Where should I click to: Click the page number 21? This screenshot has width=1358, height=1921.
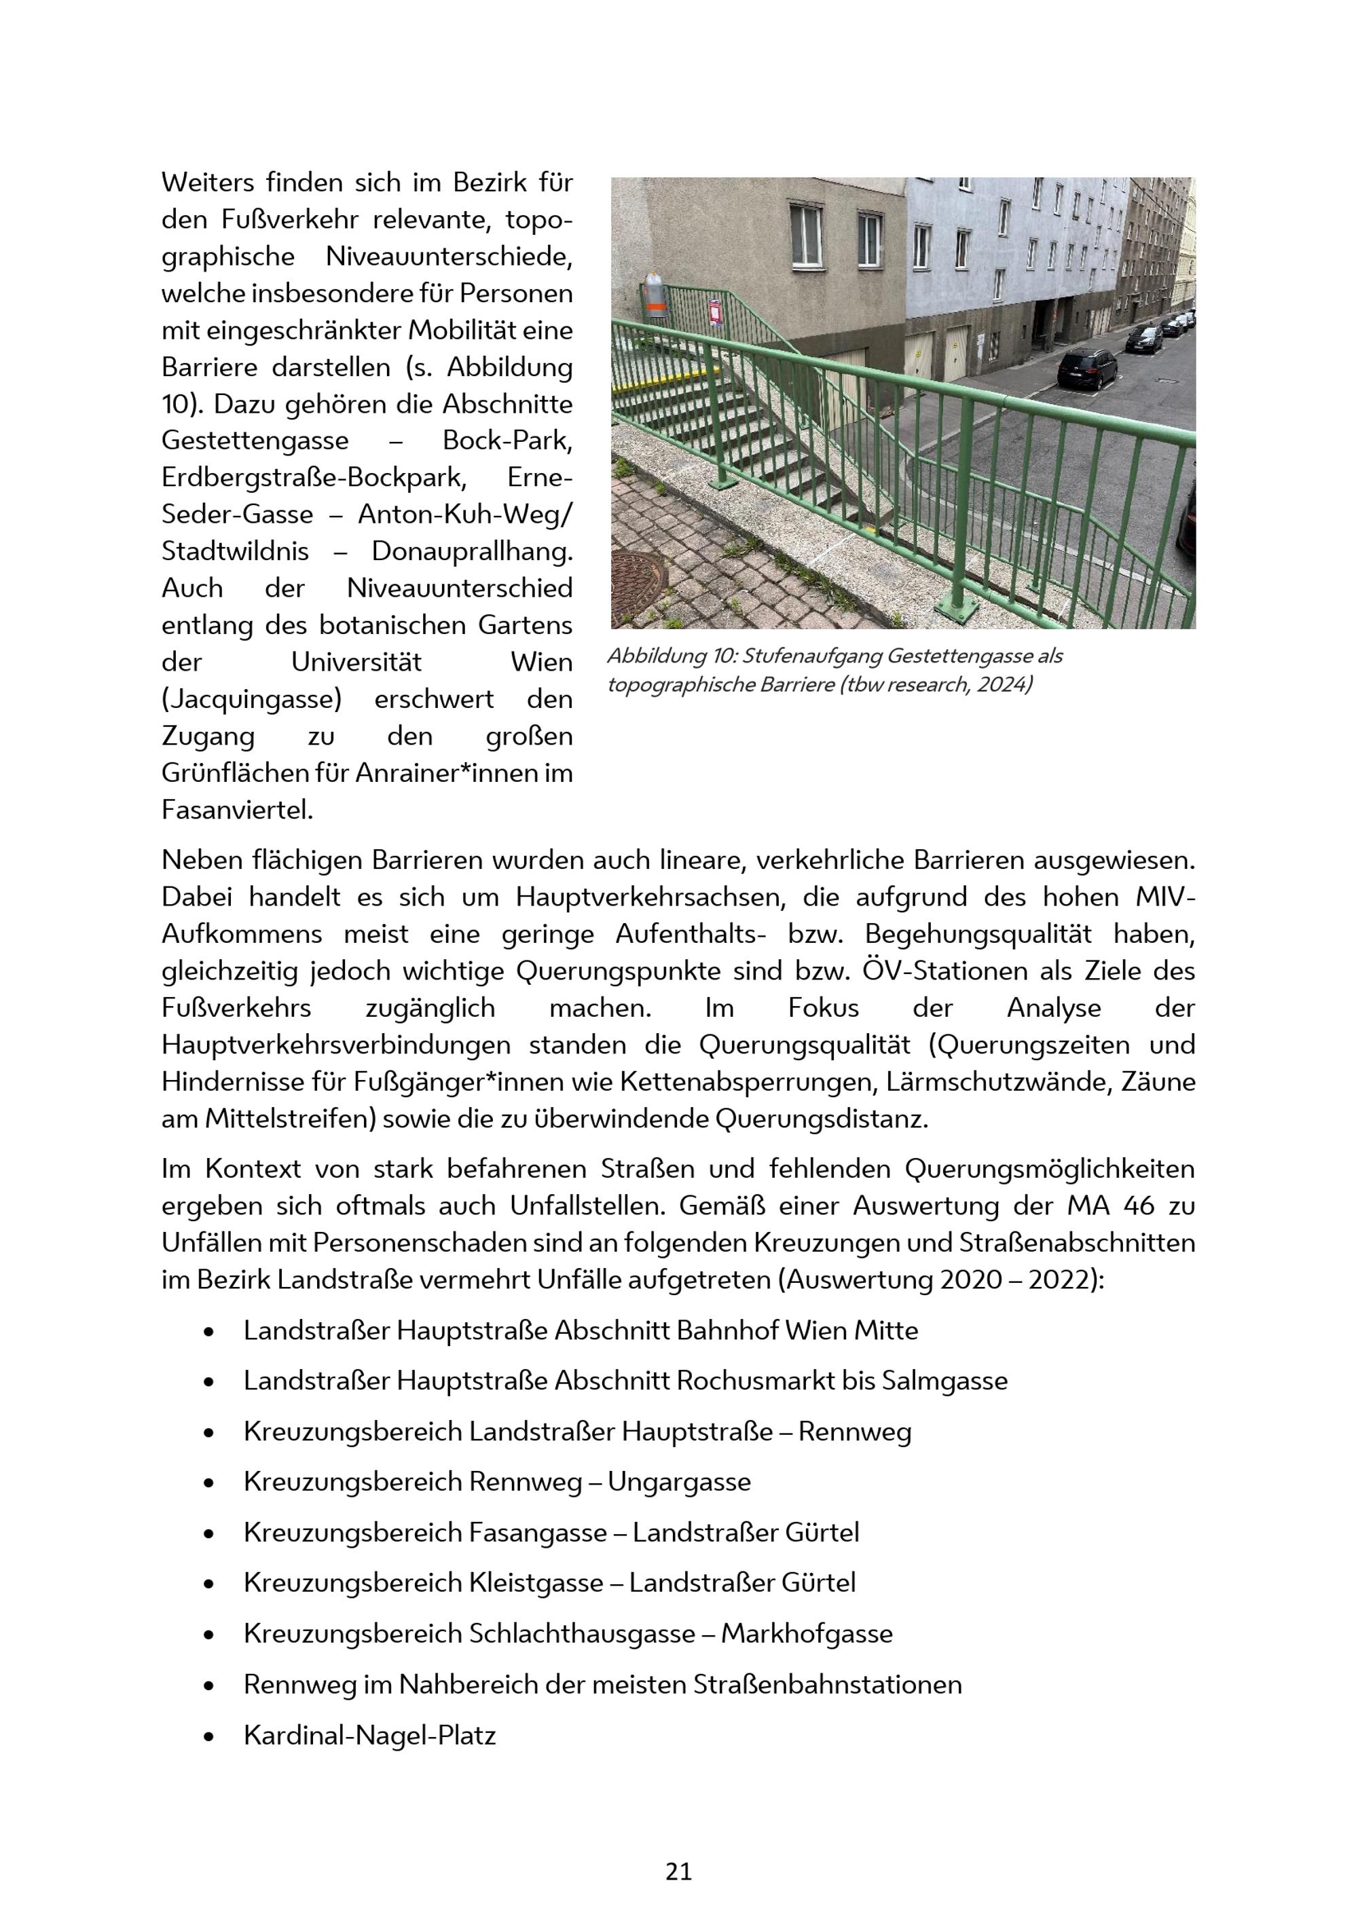(x=678, y=1871)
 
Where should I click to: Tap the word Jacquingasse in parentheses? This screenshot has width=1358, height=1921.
(x=252, y=699)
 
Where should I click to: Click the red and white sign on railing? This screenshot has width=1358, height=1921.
(x=716, y=312)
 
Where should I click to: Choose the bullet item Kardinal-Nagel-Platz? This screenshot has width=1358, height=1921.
(x=370, y=1735)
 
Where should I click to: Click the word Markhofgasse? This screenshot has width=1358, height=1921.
(x=807, y=1633)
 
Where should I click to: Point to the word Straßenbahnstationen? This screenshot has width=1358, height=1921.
(x=826, y=1684)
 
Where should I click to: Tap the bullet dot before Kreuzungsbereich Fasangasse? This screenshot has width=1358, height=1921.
(x=208, y=1533)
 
